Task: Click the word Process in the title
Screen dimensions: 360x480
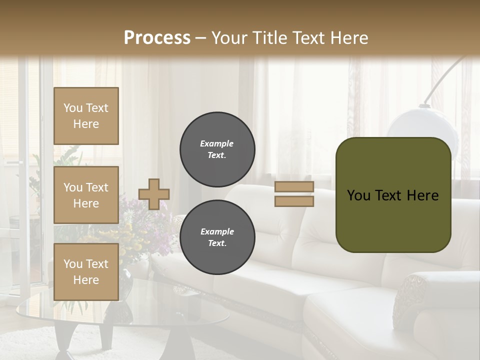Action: tap(157, 38)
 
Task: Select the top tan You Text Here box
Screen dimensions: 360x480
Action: tap(86, 116)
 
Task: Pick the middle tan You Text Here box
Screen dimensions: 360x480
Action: tap(86, 195)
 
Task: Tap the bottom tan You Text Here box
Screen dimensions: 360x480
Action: tap(86, 272)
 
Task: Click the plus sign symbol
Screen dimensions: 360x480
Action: tap(154, 194)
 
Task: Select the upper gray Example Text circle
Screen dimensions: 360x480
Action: tap(217, 149)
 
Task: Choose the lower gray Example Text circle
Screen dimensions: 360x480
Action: tap(217, 237)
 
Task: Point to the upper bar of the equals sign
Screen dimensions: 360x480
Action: tap(294, 187)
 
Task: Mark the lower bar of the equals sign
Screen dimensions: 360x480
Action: tap(294, 201)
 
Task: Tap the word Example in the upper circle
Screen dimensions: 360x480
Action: tap(216, 143)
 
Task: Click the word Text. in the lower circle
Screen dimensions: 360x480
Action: tap(217, 243)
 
